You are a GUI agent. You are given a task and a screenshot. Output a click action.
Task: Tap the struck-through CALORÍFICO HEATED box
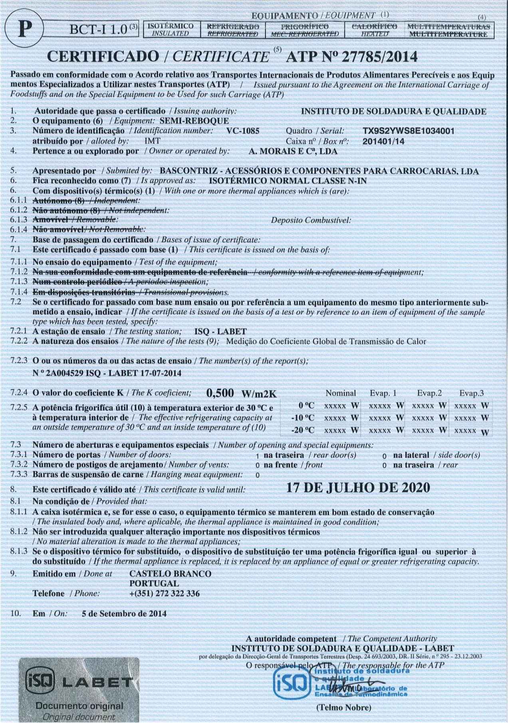click(x=374, y=30)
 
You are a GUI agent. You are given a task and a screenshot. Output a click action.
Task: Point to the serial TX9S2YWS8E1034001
click(x=409, y=131)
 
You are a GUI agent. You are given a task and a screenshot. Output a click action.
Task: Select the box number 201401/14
click(x=384, y=141)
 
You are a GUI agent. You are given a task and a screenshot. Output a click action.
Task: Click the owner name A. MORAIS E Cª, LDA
click(x=293, y=151)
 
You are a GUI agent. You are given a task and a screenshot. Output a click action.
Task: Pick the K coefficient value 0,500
click(x=220, y=392)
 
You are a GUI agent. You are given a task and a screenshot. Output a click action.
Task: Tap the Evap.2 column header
click(x=429, y=393)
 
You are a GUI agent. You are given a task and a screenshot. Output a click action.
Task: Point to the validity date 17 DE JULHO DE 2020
click(x=358, y=488)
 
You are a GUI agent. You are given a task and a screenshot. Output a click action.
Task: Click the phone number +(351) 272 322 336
click(x=165, y=594)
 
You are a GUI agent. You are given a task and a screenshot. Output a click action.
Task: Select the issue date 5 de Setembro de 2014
click(x=124, y=613)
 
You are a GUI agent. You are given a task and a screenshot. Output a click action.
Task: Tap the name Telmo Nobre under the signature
click(x=343, y=708)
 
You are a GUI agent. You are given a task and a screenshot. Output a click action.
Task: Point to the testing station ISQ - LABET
click(x=220, y=331)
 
